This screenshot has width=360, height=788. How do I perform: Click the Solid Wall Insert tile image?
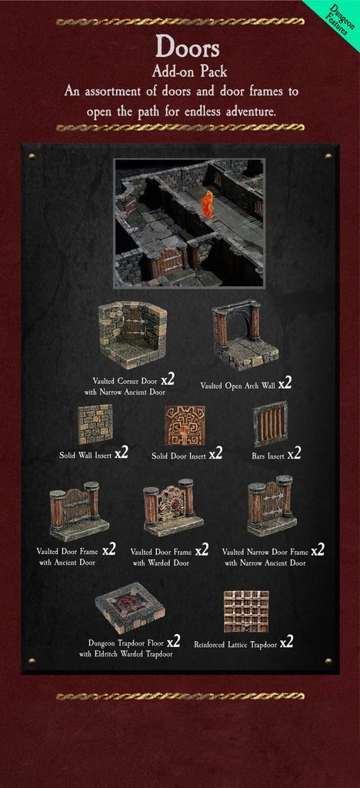point(95,424)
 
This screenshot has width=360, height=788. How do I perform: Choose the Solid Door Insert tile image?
point(185,425)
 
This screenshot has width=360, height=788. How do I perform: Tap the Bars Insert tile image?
point(270,424)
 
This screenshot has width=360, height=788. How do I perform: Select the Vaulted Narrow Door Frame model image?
point(271,505)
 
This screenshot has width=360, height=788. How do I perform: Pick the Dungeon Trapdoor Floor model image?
point(129,607)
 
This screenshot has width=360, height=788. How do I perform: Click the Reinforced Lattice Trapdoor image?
point(246,611)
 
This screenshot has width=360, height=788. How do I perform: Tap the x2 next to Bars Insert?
point(294,454)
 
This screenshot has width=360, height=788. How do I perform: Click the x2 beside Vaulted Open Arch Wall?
point(285,384)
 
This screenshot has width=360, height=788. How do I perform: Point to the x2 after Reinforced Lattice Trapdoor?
point(286,642)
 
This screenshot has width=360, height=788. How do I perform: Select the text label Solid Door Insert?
point(178,456)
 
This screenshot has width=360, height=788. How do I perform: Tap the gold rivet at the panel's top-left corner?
point(32,156)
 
